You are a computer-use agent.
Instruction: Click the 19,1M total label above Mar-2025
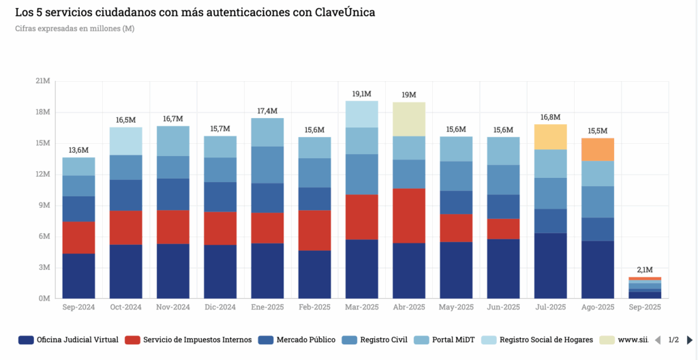point(361,93)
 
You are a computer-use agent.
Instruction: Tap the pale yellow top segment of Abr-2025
point(409,119)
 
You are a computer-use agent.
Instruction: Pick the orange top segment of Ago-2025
point(598,149)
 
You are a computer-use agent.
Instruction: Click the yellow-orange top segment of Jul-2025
point(551,136)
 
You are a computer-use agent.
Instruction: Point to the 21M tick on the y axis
point(42,81)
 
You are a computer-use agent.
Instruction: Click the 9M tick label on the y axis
point(44,205)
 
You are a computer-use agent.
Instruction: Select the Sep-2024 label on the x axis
point(78,307)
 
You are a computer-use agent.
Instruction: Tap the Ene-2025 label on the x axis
point(267,307)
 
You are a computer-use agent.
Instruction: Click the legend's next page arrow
point(690,340)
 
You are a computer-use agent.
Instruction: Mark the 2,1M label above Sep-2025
point(645,270)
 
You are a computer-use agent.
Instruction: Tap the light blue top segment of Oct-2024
point(126,141)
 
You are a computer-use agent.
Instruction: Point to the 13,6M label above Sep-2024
point(78,150)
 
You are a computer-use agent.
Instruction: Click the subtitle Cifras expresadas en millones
point(74,28)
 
